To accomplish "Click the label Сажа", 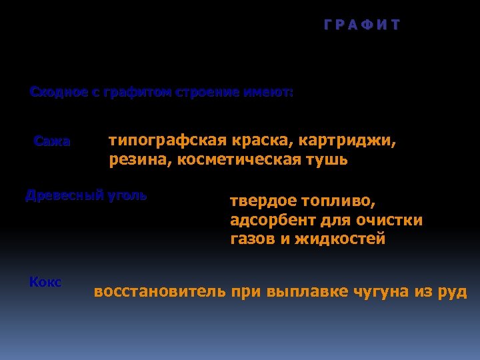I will (51, 141).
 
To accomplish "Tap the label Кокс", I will (45, 282).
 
